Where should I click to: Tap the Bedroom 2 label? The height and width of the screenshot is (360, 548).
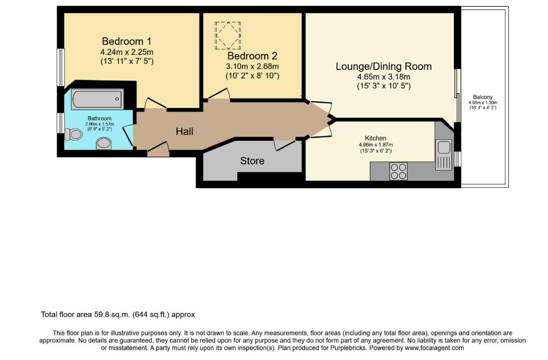pos(252,56)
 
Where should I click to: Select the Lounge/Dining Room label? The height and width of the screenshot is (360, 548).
pos(383,67)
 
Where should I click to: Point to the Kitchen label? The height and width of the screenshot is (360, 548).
pos(376,138)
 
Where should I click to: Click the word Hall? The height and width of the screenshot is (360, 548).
pos(184,131)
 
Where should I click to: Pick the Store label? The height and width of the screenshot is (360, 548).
pos(252,161)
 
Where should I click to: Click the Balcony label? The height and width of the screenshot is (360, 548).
pos(482,97)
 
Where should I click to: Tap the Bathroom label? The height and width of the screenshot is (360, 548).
pos(99,119)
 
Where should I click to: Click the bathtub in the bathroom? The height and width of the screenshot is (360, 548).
pos(97,99)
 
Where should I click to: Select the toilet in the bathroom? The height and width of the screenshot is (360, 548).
pos(72,134)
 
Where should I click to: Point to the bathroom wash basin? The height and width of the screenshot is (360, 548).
pos(104,144)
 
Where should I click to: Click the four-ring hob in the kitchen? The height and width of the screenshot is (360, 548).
pos(398,171)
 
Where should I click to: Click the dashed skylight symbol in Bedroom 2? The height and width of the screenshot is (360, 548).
pos(227,36)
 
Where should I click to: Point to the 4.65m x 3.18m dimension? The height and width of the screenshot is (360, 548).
pos(383,77)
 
